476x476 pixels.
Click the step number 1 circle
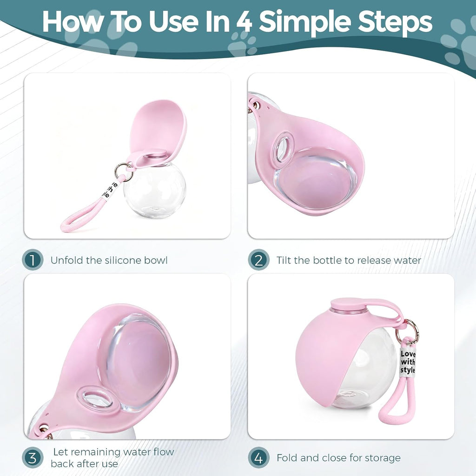tap(33, 259)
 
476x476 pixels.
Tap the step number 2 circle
tap(258, 259)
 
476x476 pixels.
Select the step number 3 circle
tap(33, 457)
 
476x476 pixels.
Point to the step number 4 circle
tap(258, 457)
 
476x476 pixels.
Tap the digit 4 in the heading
tap(245, 21)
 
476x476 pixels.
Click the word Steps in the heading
tap(395, 22)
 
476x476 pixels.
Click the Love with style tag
tap(407, 362)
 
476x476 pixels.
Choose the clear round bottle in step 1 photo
tap(155, 190)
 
